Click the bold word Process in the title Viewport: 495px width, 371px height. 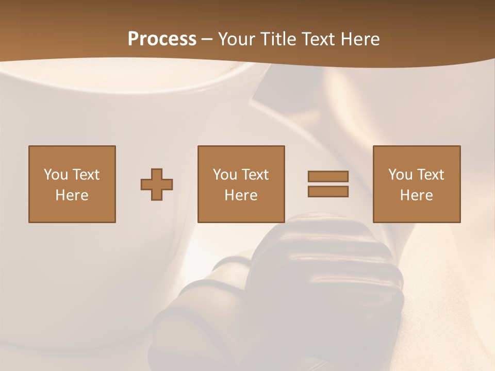(162, 39)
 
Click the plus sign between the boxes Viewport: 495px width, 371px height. (157, 184)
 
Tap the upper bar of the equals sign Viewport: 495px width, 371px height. (328, 176)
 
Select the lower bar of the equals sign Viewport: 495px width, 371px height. (328, 192)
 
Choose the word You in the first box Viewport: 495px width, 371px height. (56, 175)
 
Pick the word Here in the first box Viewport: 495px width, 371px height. (72, 195)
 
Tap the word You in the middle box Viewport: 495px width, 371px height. (225, 175)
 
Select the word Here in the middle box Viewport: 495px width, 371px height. (241, 195)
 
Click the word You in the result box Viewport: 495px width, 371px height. (400, 175)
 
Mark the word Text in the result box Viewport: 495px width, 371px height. (430, 175)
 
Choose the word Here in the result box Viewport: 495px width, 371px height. (417, 195)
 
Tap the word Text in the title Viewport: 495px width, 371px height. (315, 39)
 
